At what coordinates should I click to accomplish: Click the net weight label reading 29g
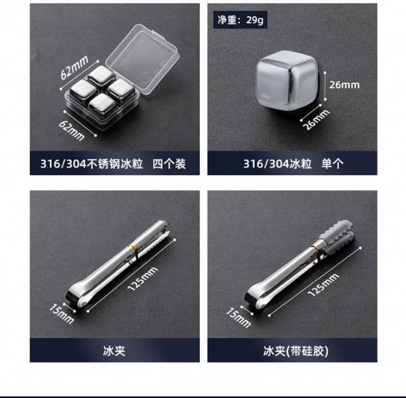click(x=241, y=20)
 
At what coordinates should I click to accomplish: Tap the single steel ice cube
click(x=287, y=80)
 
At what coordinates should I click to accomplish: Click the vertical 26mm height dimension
click(x=344, y=85)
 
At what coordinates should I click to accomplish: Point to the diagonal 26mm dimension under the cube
click(x=316, y=119)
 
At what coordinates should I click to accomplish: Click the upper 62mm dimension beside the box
click(x=75, y=67)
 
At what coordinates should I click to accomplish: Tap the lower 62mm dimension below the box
click(x=72, y=131)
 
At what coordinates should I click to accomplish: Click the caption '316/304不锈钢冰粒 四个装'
click(x=113, y=164)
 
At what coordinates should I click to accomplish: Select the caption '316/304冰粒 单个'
click(x=293, y=164)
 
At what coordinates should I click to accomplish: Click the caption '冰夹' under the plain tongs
click(x=114, y=351)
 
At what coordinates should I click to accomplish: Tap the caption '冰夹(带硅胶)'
click(x=296, y=351)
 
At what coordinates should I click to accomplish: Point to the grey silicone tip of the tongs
click(x=336, y=237)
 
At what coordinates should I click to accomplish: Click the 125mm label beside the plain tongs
click(x=142, y=279)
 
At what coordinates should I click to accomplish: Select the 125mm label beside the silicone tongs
click(x=323, y=285)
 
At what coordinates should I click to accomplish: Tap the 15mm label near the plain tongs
click(x=61, y=314)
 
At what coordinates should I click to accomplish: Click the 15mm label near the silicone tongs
click(x=239, y=317)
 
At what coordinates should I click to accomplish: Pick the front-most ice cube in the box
click(x=102, y=105)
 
